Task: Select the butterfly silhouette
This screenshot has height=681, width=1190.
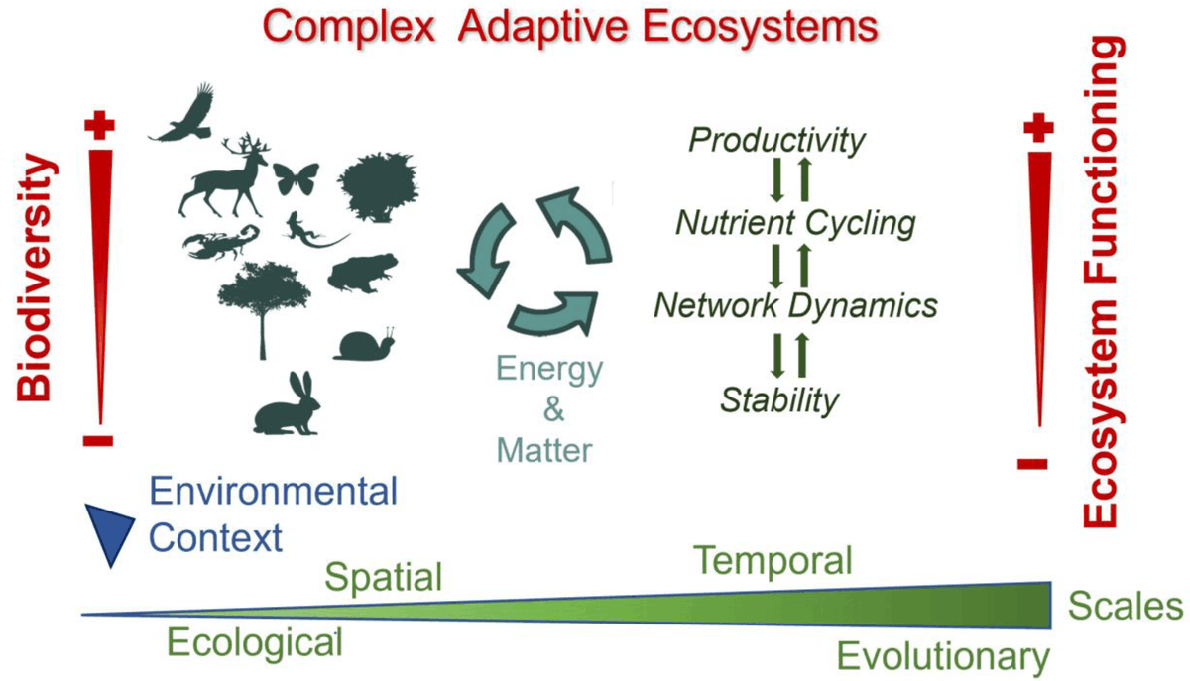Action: pos(297,179)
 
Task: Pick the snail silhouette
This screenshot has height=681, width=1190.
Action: pos(366,344)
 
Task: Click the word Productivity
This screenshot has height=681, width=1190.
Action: pos(776,141)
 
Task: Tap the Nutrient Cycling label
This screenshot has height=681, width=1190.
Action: pos(794,223)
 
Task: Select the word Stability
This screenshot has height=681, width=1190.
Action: pos(779,399)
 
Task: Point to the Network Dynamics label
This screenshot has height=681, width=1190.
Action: pos(795,305)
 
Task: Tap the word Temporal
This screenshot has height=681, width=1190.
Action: pos(773,561)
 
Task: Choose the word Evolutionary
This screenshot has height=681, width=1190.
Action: pos(942,656)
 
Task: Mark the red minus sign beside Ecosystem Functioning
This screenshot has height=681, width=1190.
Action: pos(1034,462)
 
